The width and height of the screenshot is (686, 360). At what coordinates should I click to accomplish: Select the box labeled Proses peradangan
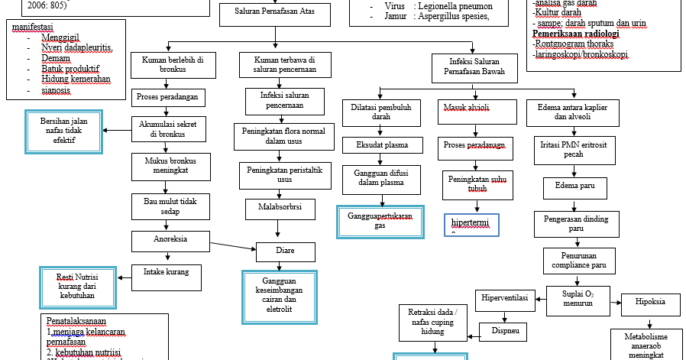[167, 97]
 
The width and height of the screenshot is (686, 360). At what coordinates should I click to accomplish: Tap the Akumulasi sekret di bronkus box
[167, 128]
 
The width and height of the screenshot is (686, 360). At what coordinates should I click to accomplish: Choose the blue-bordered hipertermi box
[471, 225]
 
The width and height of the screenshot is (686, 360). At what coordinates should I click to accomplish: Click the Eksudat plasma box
[381, 144]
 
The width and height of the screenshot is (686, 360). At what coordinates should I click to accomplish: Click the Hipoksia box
[649, 302]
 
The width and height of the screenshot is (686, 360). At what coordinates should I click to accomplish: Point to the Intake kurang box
[167, 272]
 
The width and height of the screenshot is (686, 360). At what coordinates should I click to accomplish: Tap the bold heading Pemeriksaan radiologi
[575, 34]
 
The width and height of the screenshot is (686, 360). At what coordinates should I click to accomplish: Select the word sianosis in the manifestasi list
[57, 89]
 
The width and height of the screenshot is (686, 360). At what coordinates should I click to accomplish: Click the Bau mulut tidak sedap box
[167, 206]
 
